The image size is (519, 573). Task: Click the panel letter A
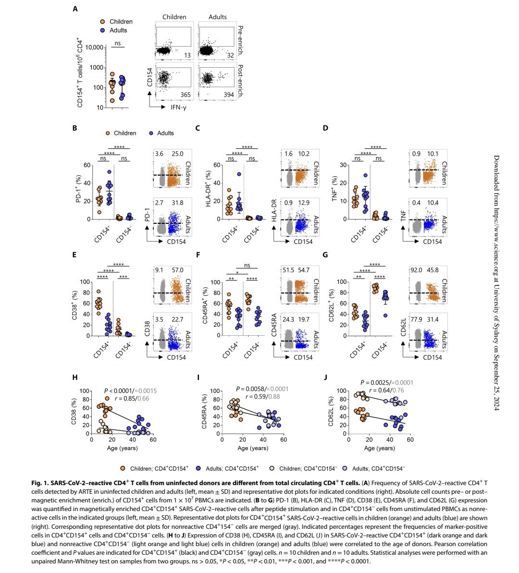click(75, 9)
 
